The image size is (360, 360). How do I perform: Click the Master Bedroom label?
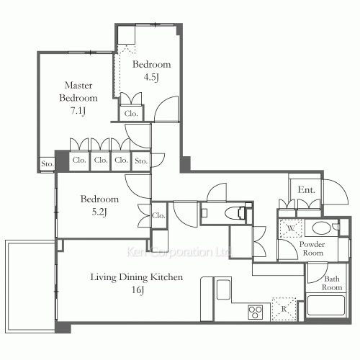coord(78,91)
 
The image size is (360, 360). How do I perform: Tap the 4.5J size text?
coord(151,77)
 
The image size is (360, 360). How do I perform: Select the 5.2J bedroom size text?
coord(99,212)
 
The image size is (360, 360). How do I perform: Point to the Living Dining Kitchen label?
coord(137,277)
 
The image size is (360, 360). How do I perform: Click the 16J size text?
coord(138,290)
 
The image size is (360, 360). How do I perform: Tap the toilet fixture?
coord(235,212)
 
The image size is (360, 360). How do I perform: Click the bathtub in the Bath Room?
coord(325,305)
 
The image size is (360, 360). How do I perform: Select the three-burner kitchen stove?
coord(256,312)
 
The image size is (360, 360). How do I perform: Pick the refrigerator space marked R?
coord(284,309)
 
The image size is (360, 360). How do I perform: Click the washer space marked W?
coord(291,228)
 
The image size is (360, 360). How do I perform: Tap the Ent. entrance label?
coord(306,190)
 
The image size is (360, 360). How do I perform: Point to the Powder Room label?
coord(312,248)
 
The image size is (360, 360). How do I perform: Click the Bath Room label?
coord(332,283)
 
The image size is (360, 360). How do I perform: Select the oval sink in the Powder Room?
coord(322,228)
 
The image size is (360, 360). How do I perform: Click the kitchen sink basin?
coord(223,289)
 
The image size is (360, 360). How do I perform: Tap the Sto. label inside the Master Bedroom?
coord(48,164)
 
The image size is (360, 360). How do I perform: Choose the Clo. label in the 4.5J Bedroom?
coord(131,114)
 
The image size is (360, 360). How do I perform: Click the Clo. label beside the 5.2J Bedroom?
coord(158,215)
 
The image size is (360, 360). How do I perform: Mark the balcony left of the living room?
coord(30,287)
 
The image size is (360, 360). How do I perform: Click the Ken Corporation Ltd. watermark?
coord(179,252)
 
